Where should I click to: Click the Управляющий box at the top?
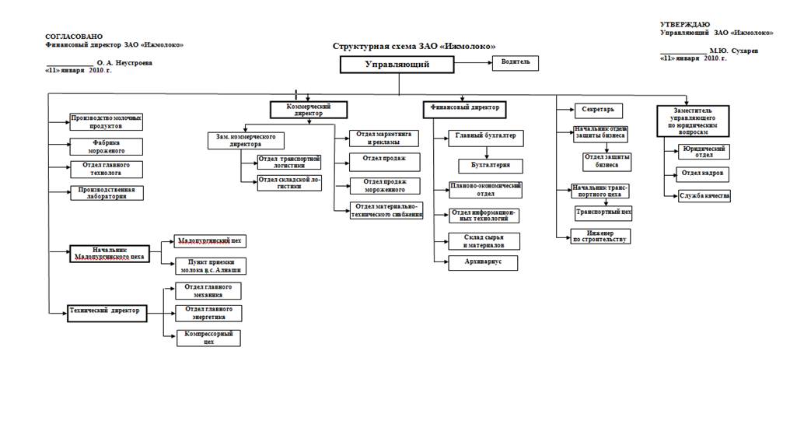tap(397, 65)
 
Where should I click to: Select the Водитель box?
tap(515, 61)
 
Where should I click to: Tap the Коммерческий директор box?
tap(308, 109)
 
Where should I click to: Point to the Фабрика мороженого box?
tap(107, 146)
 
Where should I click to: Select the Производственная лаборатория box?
tap(107, 193)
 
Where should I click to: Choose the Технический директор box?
tap(107, 311)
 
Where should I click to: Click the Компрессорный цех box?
tap(208, 337)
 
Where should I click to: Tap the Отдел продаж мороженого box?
tap(384, 185)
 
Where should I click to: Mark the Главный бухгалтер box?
tap(485, 139)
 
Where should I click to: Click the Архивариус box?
tap(483, 262)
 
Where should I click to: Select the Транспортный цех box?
tap(603, 212)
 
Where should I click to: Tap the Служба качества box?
tap(704, 195)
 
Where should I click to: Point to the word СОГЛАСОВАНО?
tap(74, 37)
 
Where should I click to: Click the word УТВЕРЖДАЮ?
tap(685, 25)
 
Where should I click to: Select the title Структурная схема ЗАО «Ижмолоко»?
tap(414, 47)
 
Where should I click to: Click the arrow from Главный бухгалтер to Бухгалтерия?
tap(487, 153)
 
